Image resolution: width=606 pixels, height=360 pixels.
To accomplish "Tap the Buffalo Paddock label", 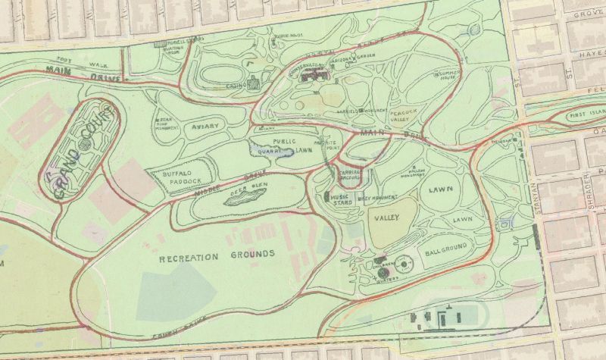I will (182, 178).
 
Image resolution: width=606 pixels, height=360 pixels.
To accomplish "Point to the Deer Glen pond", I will (245, 199).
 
